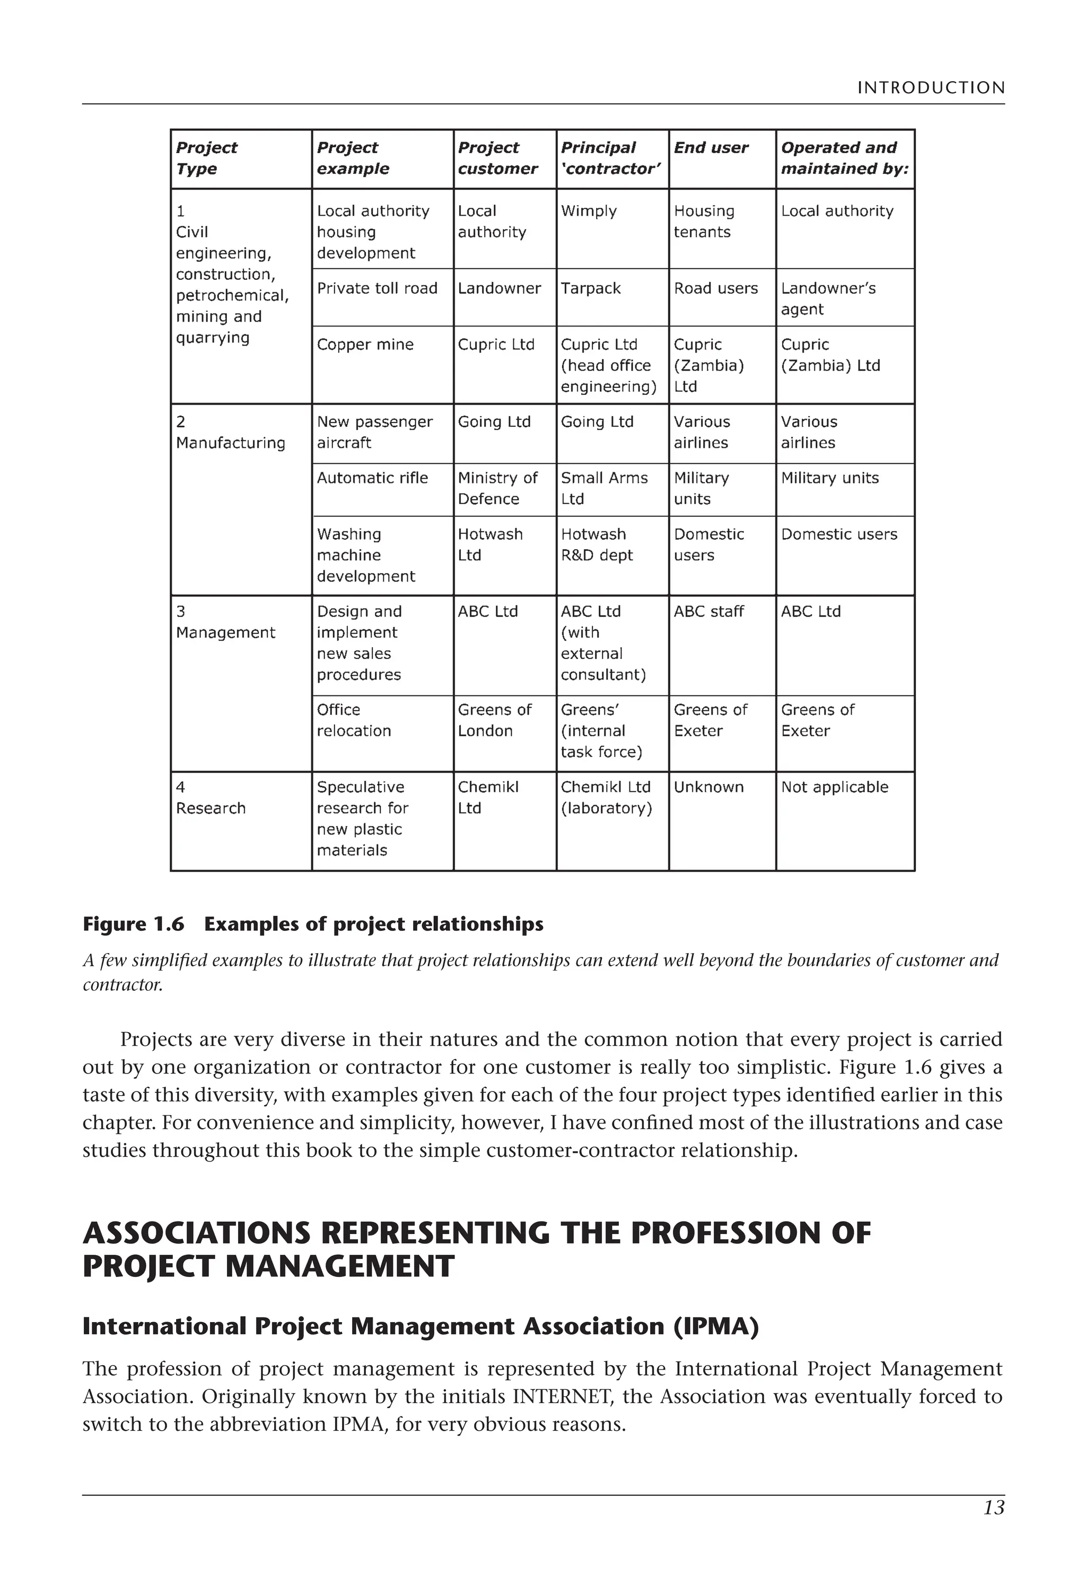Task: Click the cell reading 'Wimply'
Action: pos(589,212)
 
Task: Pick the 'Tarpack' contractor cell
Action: pos(591,289)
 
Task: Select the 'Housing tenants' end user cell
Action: pos(704,222)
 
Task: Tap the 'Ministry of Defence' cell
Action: pos(497,488)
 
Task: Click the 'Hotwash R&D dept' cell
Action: pos(596,544)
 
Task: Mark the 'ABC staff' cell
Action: pos(708,612)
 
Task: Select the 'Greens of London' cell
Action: pos(494,720)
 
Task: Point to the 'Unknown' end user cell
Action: pos(708,787)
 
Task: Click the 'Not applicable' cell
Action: pos(834,787)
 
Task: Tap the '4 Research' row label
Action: pos(211,798)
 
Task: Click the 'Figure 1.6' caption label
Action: pos(133,924)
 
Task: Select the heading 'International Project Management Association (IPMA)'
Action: pos(420,1326)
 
